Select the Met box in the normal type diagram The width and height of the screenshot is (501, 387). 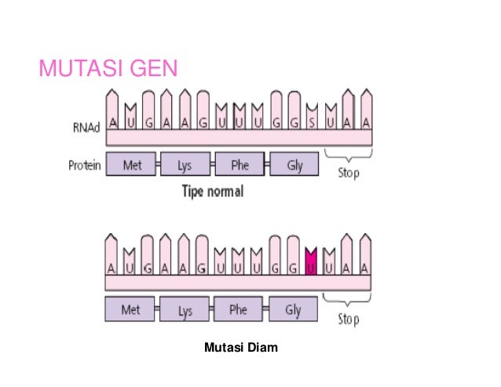tap(131, 165)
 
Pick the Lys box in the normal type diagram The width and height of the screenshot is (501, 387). tap(185, 165)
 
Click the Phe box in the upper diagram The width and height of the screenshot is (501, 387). tap(240, 165)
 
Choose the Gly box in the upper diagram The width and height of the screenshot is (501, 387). tap(294, 165)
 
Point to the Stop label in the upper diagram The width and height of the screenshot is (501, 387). tap(348, 172)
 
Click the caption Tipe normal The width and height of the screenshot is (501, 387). tap(212, 192)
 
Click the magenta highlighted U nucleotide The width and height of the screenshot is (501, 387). tap(312, 267)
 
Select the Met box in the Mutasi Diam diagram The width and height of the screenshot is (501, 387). tap(131, 310)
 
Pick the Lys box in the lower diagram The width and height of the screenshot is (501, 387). tap(185, 311)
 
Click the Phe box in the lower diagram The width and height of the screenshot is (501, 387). tap(239, 310)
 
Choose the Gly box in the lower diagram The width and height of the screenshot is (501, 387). tap(294, 310)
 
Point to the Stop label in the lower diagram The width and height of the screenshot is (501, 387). tap(348, 319)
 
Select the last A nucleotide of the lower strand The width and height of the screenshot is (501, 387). tap(366, 267)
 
